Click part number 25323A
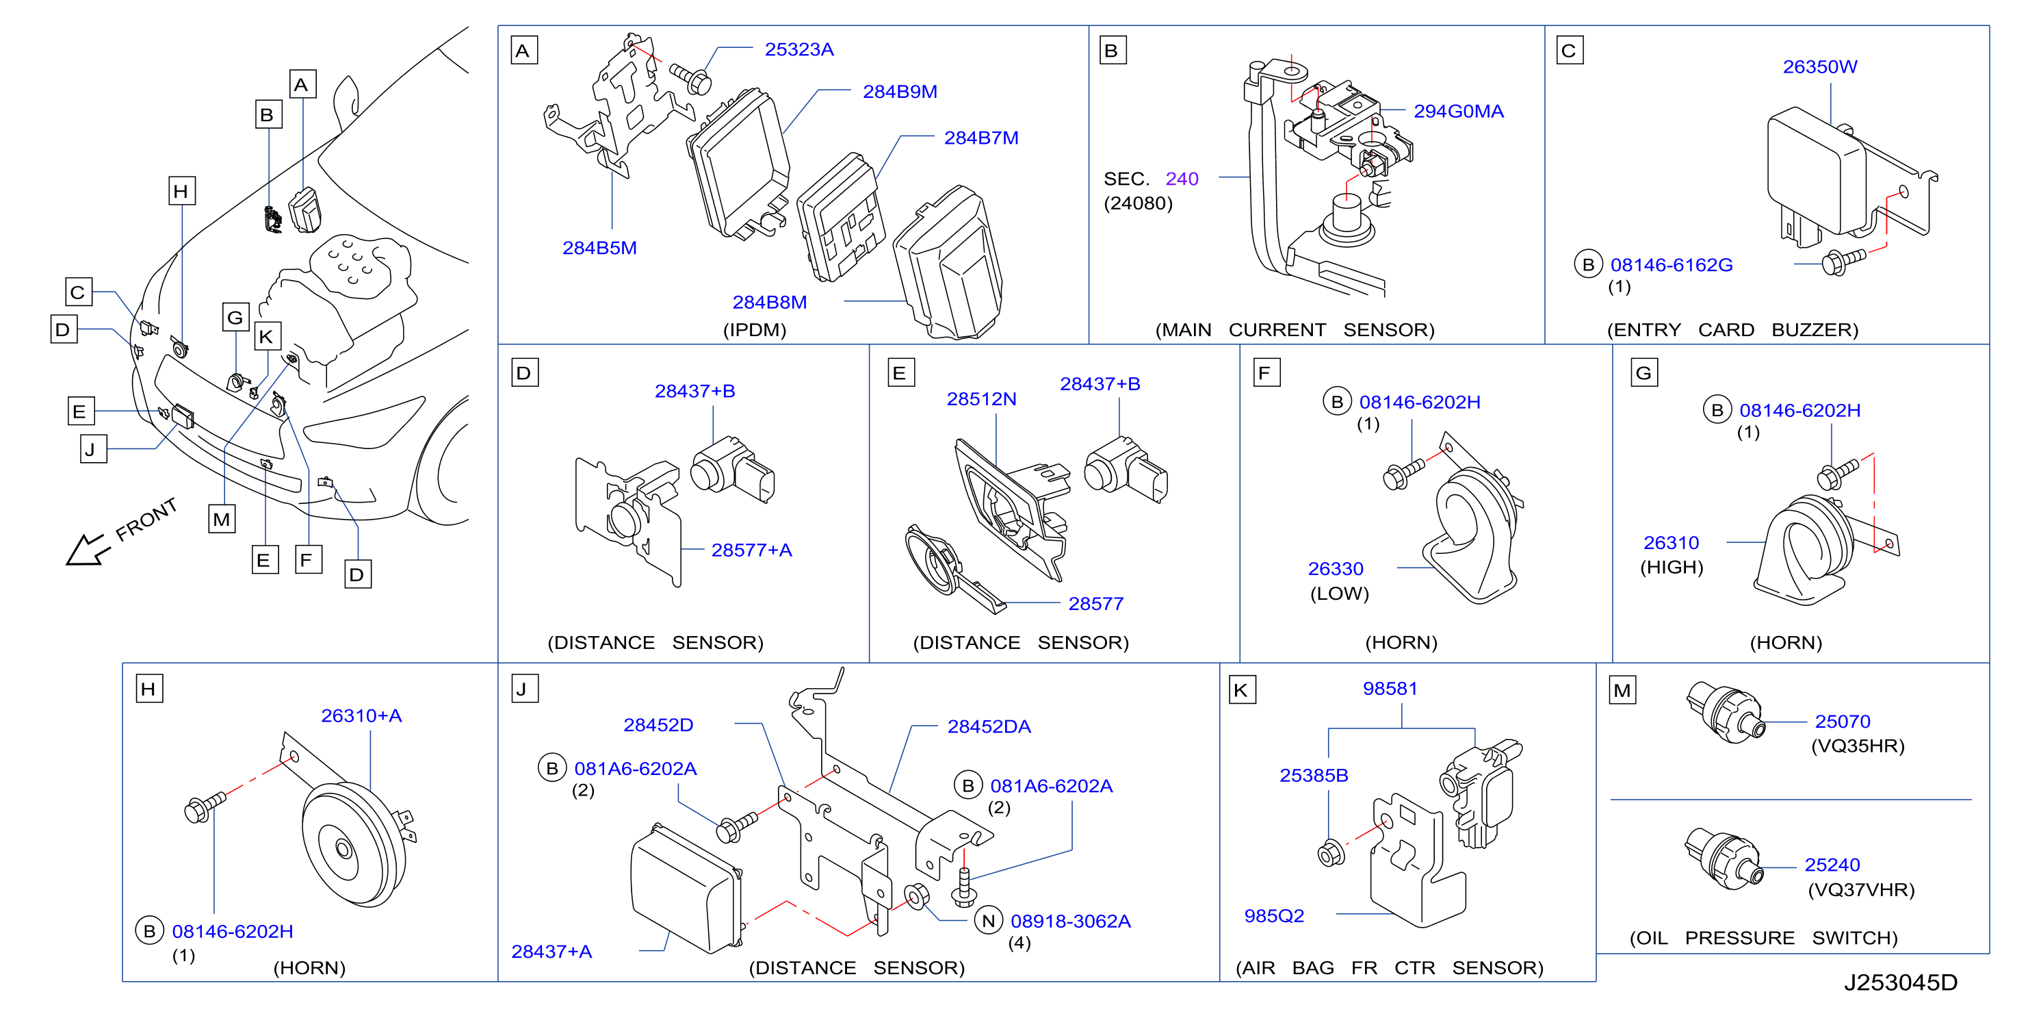798,50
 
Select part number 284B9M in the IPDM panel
899,92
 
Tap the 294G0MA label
1458,112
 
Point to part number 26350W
1819,67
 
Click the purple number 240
1182,179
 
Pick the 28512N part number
981,399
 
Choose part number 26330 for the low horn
1335,569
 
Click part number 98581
1390,689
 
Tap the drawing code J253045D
1900,982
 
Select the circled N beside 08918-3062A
988,921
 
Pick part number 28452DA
989,726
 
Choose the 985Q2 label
1274,916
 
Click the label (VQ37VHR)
1861,890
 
